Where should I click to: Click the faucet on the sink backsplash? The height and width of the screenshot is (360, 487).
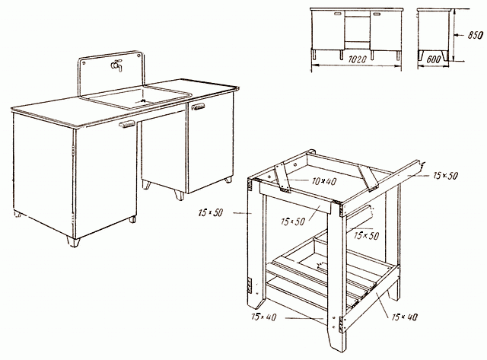[x=116, y=65]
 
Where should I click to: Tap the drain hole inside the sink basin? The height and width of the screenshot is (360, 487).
[x=142, y=100]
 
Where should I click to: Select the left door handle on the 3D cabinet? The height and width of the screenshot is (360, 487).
[x=127, y=124]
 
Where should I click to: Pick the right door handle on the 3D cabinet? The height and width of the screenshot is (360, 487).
[x=199, y=107]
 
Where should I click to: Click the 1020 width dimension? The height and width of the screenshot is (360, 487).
[x=357, y=59]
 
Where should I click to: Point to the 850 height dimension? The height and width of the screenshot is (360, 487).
[x=475, y=35]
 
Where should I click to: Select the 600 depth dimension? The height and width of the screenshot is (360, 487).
[x=433, y=59]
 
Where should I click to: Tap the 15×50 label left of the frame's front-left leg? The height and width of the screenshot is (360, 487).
[x=210, y=213]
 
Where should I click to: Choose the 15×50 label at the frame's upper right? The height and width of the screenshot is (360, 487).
[x=445, y=176]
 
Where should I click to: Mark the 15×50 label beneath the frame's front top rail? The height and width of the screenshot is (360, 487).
[x=293, y=221]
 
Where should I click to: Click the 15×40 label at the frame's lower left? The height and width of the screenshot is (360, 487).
[x=264, y=317]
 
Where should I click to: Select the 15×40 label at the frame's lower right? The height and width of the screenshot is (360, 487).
[x=405, y=317]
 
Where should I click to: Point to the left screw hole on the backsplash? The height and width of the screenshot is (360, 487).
[x=84, y=62]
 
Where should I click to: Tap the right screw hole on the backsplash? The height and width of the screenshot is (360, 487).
[x=138, y=56]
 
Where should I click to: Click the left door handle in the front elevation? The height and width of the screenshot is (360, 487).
[x=338, y=14]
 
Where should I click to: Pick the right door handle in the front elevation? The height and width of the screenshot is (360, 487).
[x=377, y=14]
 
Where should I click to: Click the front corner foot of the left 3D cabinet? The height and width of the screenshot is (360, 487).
[x=74, y=242]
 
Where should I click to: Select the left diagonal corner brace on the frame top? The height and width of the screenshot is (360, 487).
[x=282, y=177]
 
